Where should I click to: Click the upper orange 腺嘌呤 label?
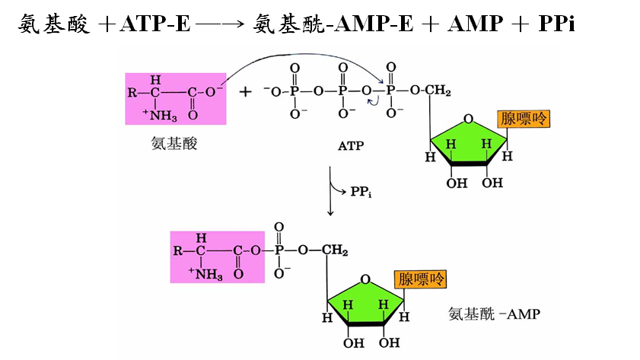pos(523,119)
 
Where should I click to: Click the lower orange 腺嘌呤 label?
pos(420,279)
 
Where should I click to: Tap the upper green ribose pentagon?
pos(467,141)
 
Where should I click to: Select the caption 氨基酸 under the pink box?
pos(174,143)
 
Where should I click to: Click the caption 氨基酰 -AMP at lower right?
pos(494,313)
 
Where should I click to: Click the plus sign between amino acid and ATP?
pos(245,92)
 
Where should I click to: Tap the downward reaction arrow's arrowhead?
pos(330,211)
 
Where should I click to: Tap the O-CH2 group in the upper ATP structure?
pos(431,91)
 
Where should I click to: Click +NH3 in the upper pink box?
pos(159,116)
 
